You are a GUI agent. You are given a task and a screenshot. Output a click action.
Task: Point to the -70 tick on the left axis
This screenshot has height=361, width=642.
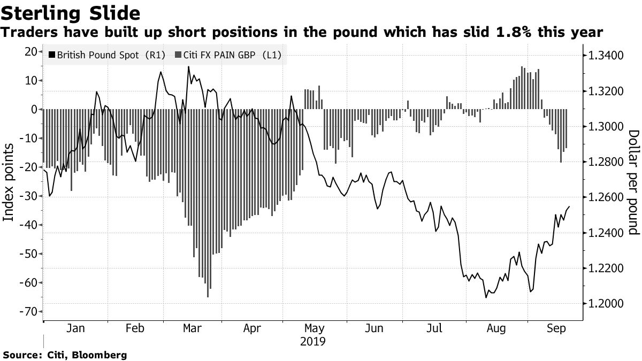[26, 311]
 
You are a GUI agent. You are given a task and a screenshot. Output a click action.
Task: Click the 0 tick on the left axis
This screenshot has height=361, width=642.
[33, 109]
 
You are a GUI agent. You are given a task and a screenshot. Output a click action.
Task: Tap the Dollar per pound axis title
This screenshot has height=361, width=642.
[633, 182]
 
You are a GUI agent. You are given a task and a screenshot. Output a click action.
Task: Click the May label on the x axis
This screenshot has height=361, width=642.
[314, 328]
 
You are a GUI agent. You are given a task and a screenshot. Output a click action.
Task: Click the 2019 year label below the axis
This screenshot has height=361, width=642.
[314, 341]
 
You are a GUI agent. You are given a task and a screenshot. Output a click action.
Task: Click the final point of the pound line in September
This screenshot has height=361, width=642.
[569, 206]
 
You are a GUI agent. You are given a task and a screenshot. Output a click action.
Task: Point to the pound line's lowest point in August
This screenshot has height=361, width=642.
[486, 297]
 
